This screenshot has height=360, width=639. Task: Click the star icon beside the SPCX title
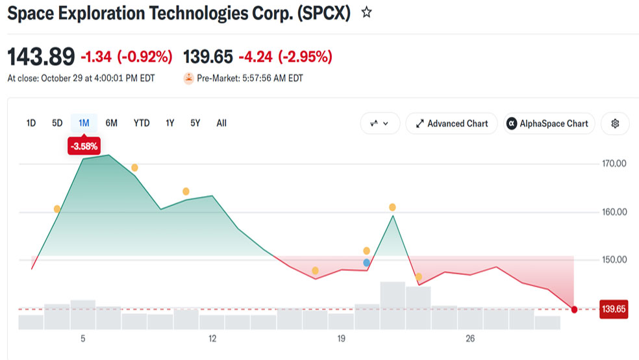coord(366,12)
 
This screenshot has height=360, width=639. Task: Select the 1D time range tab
coord(31,123)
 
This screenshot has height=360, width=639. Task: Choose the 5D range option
coord(57,123)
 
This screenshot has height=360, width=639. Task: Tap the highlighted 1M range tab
coord(84,123)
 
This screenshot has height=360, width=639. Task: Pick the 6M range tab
coord(111,123)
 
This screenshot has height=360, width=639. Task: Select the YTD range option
coord(142,123)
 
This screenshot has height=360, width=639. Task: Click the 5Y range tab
coord(195,123)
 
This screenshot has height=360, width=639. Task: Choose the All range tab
coord(221,123)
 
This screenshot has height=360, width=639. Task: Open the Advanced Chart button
coord(451,123)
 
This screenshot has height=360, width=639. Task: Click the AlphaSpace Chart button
coord(549,123)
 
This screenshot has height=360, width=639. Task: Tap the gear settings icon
coord(615,123)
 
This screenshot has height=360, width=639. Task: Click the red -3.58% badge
coord(84,146)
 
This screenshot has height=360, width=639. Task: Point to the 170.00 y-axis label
coord(614,164)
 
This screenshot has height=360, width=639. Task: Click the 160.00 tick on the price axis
coord(614,212)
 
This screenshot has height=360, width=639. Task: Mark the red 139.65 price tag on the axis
coord(614,309)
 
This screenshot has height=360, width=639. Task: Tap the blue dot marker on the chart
coord(366,263)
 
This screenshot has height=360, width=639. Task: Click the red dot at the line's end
coord(574,310)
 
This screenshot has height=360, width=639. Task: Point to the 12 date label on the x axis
coord(212,339)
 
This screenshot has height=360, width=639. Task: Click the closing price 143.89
coord(41,57)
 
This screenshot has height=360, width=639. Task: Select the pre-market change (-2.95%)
coord(305,57)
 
